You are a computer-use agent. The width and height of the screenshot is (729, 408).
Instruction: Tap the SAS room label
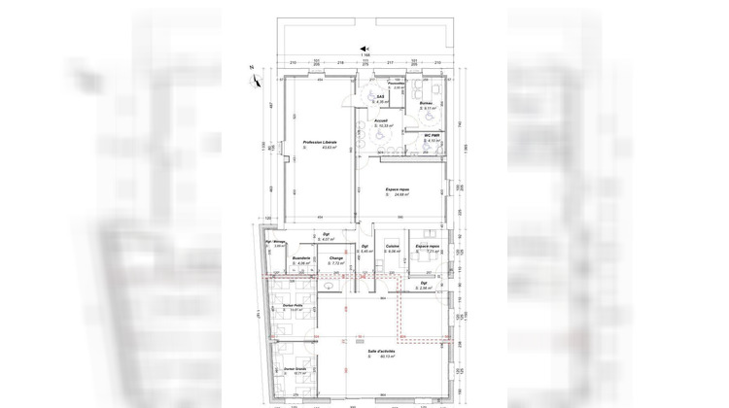(382, 95)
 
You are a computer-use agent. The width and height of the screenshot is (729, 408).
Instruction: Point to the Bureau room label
(425, 102)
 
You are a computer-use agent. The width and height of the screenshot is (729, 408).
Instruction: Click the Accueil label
(382, 121)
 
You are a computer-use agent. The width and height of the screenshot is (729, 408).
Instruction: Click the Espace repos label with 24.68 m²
(397, 189)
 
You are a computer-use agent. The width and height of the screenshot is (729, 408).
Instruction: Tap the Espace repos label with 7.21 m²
(429, 248)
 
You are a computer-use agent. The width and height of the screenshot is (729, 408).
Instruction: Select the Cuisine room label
(393, 247)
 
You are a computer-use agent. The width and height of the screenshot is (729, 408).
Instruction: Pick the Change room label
(337, 257)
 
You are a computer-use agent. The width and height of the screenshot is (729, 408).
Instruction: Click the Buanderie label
(300, 257)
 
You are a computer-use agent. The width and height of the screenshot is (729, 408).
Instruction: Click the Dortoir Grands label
(295, 369)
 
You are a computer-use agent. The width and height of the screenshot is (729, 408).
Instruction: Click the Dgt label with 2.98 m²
(425, 284)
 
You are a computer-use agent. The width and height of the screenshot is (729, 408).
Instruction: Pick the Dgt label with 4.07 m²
(327, 235)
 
